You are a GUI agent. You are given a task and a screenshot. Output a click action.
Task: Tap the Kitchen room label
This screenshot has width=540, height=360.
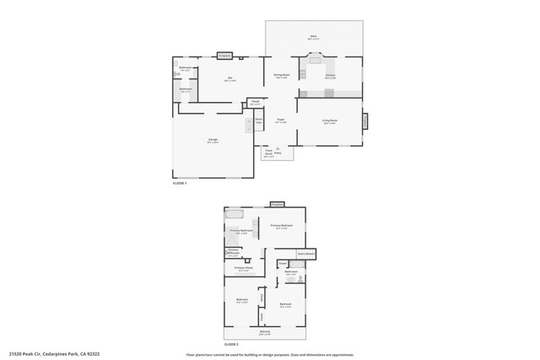[x=331, y=76]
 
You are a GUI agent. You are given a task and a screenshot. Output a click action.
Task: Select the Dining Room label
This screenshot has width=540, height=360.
[x=281, y=76]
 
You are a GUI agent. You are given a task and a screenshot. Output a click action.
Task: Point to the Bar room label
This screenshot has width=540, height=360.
[x=229, y=79]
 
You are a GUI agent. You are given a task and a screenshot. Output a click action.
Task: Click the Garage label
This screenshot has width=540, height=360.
[x=213, y=141]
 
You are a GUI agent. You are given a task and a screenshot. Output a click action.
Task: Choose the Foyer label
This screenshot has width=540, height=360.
[x=280, y=121]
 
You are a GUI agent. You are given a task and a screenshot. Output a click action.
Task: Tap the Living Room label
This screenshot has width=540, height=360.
[x=329, y=121]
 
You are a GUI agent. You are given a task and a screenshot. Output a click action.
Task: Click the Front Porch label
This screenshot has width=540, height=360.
[x=268, y=153]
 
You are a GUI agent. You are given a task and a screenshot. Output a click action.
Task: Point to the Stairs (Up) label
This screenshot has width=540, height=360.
[x=259, y=121]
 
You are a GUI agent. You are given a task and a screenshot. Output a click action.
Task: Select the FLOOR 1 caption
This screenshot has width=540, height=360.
[x=180, y=182]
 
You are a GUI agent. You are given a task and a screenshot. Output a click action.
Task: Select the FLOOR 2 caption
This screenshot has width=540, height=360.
[x=231, y=344]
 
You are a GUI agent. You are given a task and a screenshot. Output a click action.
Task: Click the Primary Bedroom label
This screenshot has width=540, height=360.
[x=281, y=226]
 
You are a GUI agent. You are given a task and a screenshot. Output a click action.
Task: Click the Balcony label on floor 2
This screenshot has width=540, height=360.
[x=265, y=332]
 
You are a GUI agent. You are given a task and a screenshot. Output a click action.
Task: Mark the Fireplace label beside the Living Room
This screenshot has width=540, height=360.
[x=366, y=121]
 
